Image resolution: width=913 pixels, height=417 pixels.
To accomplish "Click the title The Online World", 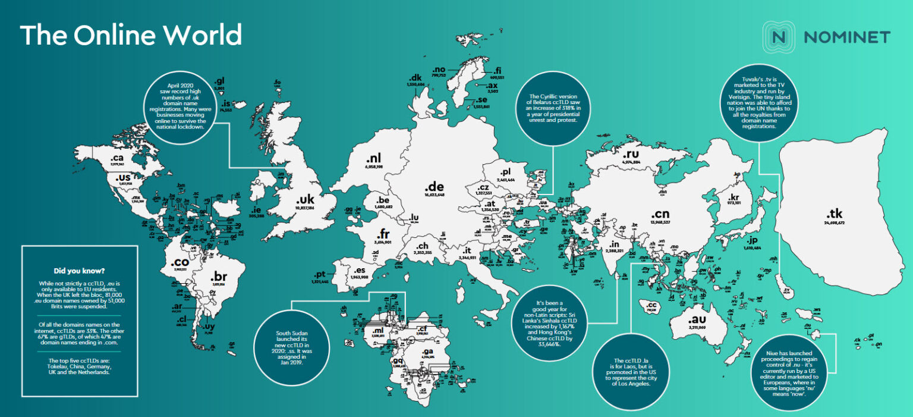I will [131, 36].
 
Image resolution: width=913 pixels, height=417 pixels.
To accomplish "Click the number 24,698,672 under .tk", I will [835, 222].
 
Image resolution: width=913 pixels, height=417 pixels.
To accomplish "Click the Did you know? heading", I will [80, 269].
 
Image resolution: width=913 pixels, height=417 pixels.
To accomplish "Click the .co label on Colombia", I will [180, 262].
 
